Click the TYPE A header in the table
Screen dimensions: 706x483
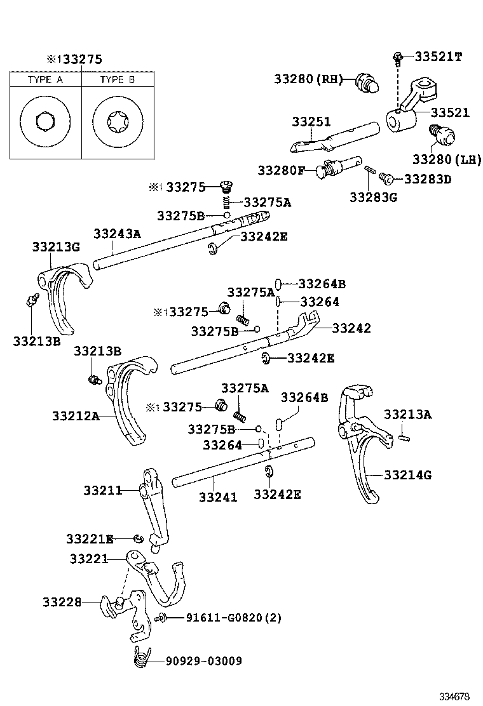pyautogui.click(x=44, y=79)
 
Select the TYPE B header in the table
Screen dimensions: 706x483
pyautogui.click(x=118, y=79)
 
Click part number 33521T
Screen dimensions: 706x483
pyautogui.click(x=439, y=57)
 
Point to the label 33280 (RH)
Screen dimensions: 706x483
pyautogui.click(x=308, y=79)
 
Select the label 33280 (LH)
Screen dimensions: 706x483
pyautogui.click(x=447, y=159)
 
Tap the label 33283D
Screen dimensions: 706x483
pyautogui.click(x=427, y=179)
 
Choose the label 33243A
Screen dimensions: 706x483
pyautogui.click(x=116, y=233)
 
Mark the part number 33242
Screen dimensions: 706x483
pyautogui.click(x=351, y=328)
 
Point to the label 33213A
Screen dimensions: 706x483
pyautogui.click(x=407, y=415)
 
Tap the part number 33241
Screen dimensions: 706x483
pyautogui.click(x=218, y=496)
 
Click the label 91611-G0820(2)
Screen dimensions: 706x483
pyautogui.click(x=225, y=618)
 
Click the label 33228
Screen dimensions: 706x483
pyautogui.click(x=62, y=601)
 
